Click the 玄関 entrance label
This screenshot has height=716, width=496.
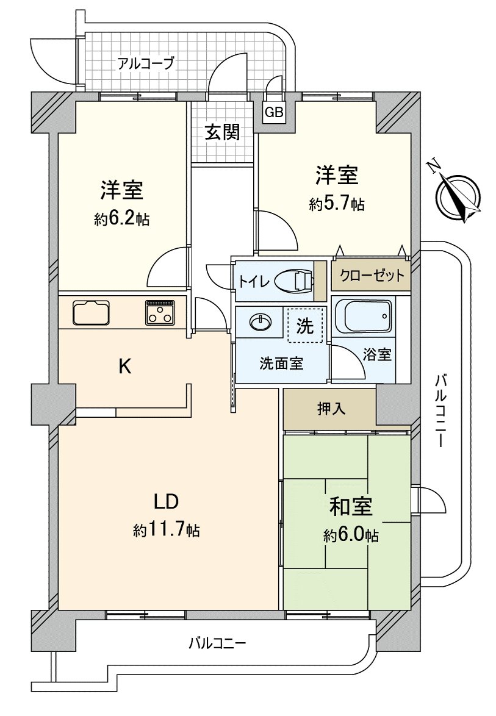221,132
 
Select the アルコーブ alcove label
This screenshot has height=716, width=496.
146,63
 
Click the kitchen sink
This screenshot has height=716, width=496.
92,312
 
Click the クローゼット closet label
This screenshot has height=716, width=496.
372,276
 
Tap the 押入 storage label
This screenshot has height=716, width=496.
330,409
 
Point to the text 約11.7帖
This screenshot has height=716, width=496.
166,530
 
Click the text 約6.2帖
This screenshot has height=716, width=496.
121,219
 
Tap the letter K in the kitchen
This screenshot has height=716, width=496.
124,366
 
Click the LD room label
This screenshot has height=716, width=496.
165,503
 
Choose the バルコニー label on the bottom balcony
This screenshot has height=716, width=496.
217,643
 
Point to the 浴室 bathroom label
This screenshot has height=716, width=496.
376,354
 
